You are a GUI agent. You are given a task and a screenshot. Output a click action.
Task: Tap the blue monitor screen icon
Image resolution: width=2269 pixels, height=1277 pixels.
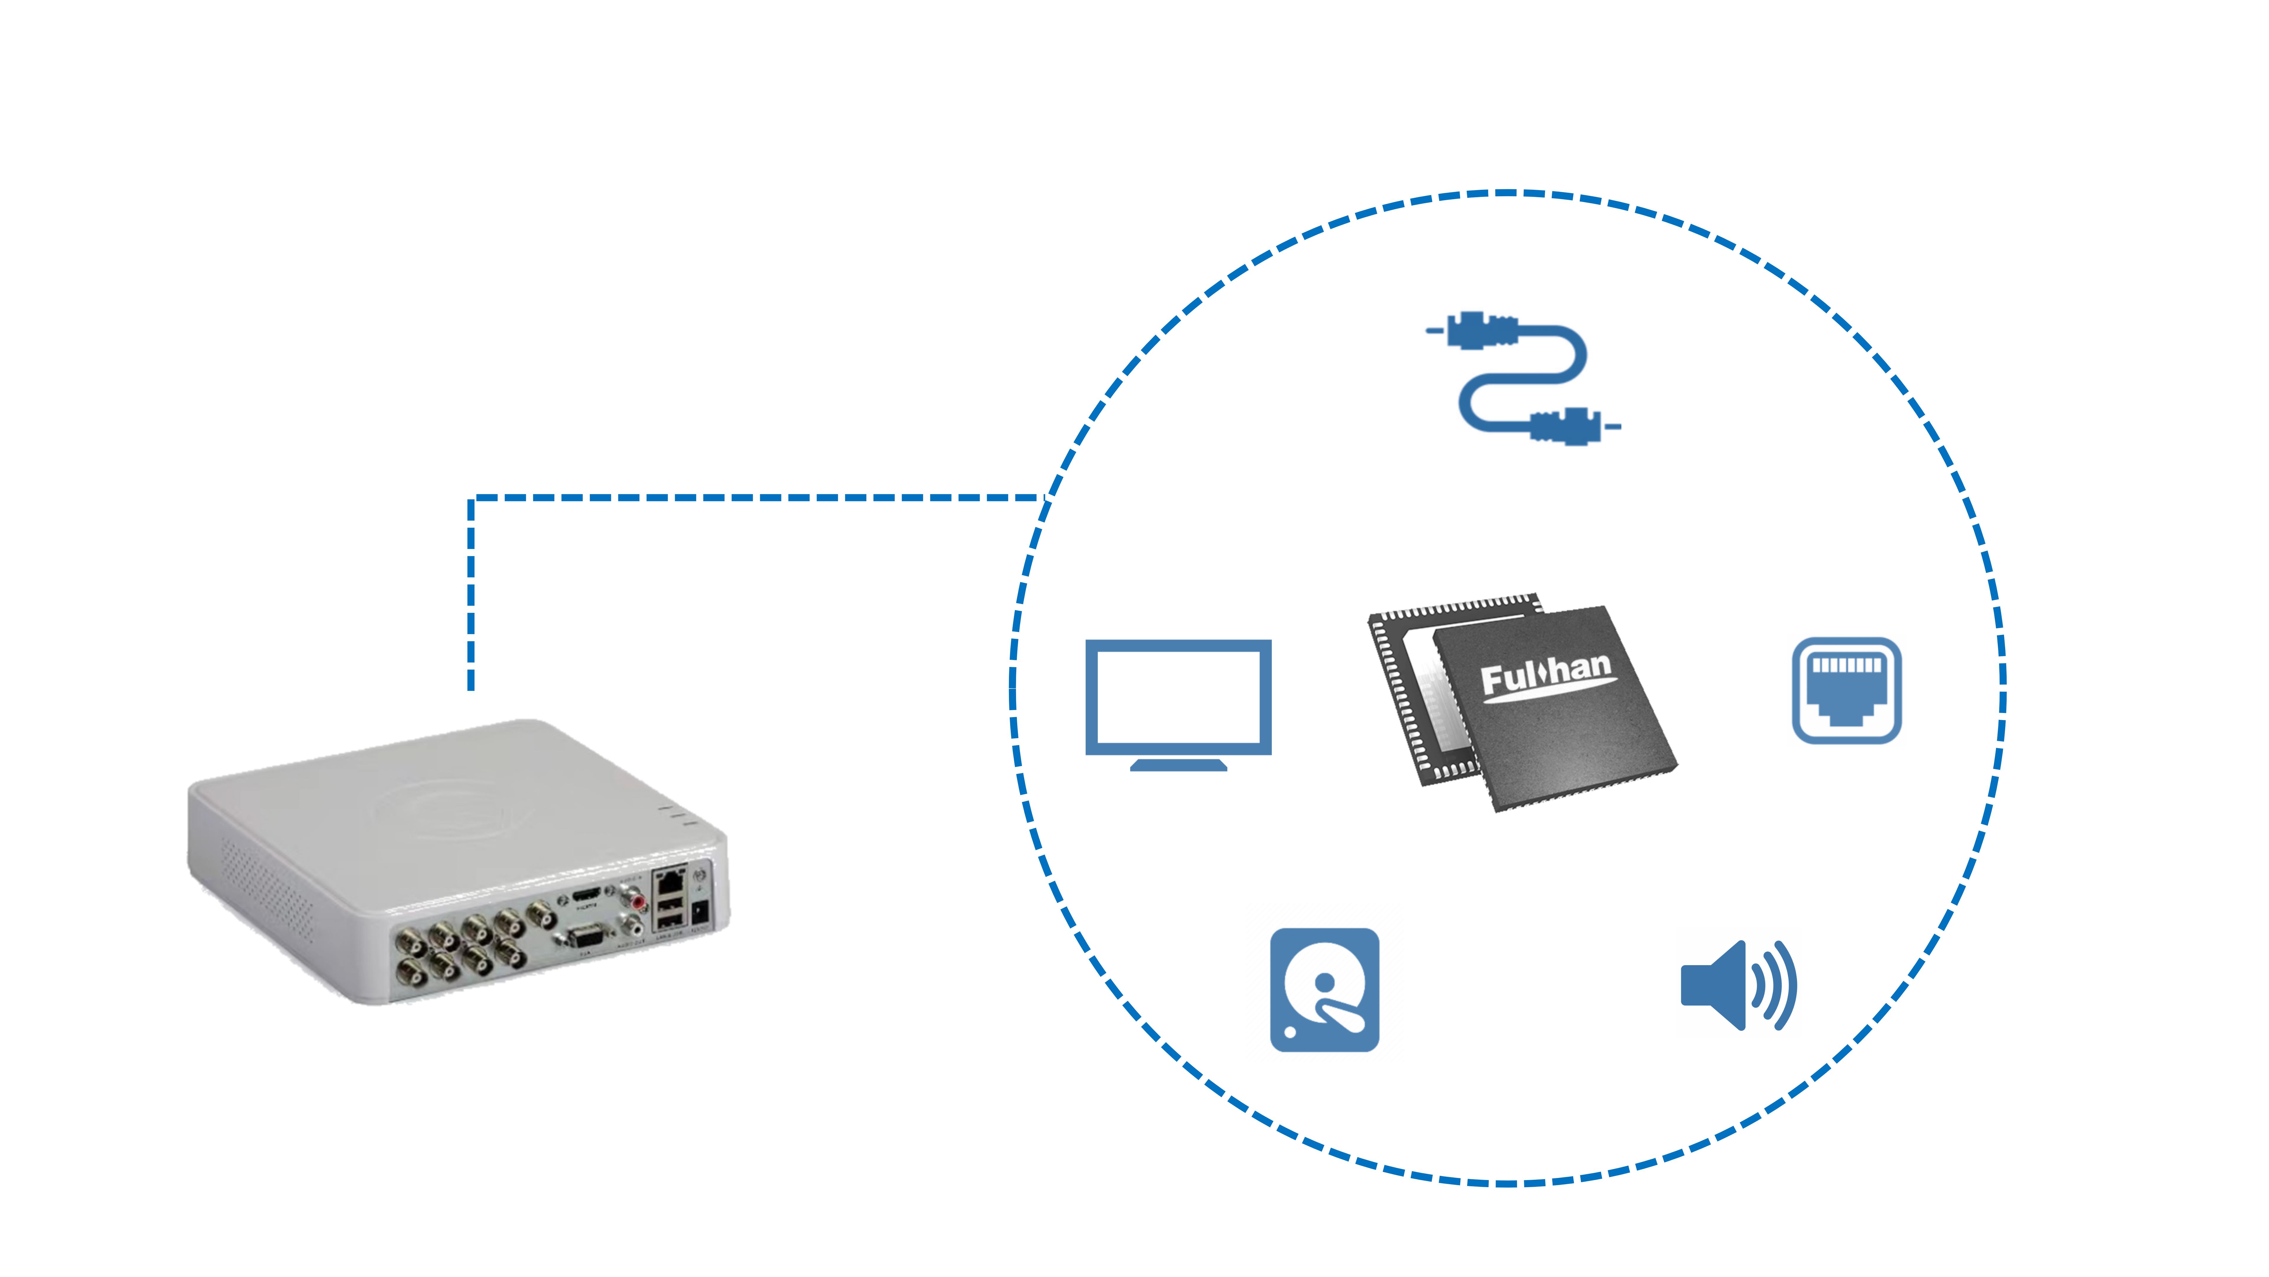coord(1178,696)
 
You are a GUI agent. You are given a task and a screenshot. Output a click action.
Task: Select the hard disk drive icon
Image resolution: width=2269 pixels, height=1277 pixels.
coord(1324,989)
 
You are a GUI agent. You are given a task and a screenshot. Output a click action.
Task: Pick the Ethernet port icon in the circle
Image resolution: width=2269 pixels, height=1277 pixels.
coord(1846,690)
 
